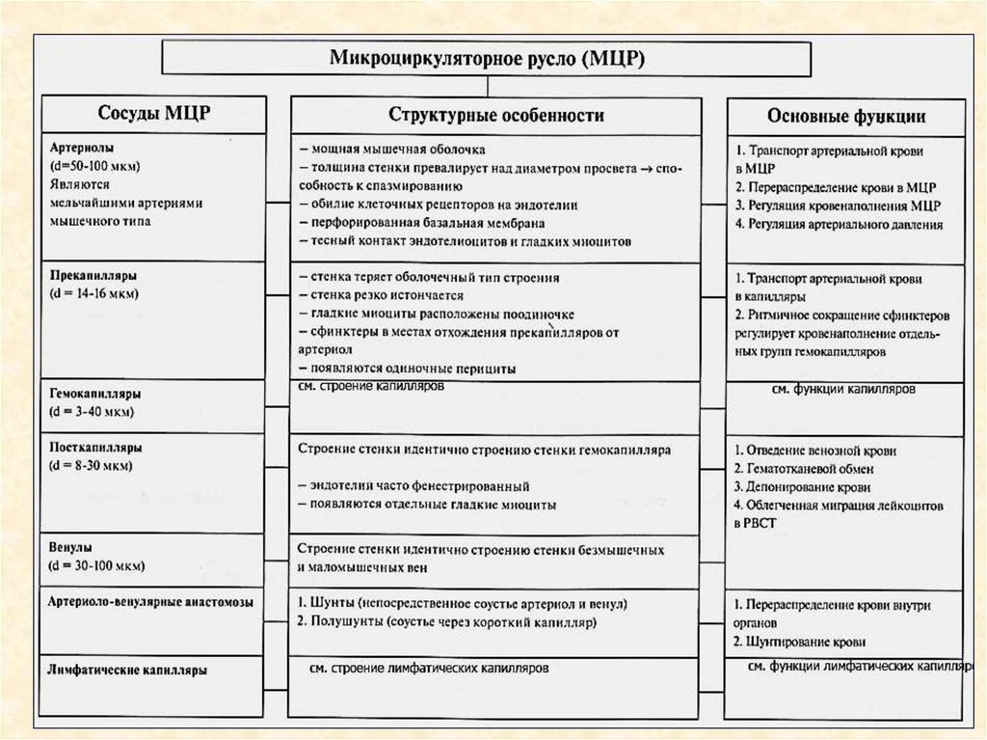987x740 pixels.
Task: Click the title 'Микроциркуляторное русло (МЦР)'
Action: pos(488,57)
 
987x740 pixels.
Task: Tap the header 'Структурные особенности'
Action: pos(496,115)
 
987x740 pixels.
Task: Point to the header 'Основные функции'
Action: pos(846,116)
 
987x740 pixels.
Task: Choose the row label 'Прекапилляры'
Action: pos(90,275)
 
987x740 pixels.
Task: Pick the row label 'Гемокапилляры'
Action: pos(94,395)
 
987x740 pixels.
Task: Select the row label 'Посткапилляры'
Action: pos(95,448)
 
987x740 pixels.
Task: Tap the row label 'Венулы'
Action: pos(69,548)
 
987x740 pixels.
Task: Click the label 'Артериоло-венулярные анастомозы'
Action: pos(150,601)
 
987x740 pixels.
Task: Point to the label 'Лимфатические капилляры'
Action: pos(127,668)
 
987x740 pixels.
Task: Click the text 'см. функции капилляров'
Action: pos(843,390)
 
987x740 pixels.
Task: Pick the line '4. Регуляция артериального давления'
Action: pos(838,224)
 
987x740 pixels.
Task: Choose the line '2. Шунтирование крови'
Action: pos(799,641)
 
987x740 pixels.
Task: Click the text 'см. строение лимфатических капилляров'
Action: pos(430,667)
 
